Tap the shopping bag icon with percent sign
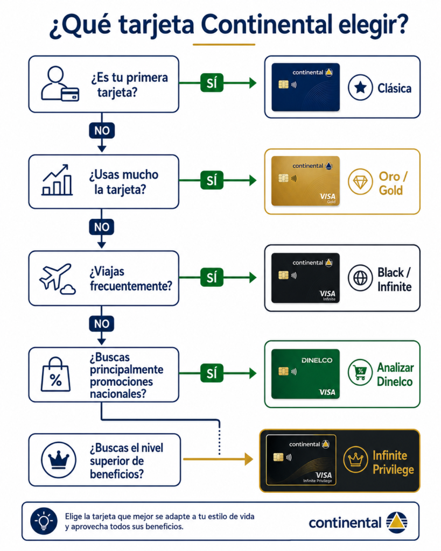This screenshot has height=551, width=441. coord(55,375)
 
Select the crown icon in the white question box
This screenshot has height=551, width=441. coord(58,460)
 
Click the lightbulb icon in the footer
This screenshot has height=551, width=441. coord(44,521)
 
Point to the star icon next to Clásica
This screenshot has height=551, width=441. coord(360,88)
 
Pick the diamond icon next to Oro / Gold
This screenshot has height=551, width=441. coord(360,182)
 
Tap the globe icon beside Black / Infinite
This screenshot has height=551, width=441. coord(360,278)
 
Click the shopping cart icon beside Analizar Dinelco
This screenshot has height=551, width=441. coord(360,372)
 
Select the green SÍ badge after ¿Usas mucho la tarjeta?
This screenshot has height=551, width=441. coord(212,180)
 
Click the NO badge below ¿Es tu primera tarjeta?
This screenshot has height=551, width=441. coord(102,130)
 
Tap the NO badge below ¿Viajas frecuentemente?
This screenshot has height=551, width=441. coord(102,323)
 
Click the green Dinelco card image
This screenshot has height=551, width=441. coord(305,374)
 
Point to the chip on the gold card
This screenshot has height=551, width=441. coord(283,178)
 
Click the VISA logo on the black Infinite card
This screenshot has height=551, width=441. coord(327,293)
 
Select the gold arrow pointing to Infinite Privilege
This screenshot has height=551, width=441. coord(218,459)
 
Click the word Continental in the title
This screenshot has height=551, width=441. coord(266,25)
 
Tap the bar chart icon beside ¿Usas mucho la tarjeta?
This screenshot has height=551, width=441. coord(57,180)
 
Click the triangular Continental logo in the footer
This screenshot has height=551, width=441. coord(397,522)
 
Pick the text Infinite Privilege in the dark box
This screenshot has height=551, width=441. coord(393,462)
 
